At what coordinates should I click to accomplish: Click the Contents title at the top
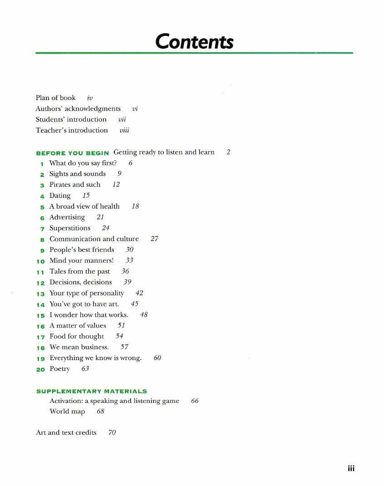coord(194,41)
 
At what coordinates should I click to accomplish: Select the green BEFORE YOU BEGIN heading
coord(72,153)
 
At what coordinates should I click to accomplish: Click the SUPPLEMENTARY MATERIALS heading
coord(91,391)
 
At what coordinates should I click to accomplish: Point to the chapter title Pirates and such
coord(75,185)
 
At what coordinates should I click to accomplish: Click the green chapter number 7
coord(42,228)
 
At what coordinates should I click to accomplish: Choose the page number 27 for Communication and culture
coord(154,239)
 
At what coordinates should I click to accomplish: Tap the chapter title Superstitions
coord(70,228)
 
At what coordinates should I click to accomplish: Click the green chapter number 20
coord(40,369)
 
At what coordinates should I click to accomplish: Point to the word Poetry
coord(59,369)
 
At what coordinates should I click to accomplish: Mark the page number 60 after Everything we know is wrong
coord(158,358)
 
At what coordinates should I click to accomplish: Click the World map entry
coord(67,411)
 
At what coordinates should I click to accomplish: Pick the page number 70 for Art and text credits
coord(112,432)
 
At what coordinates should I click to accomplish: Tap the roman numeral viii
coord(124,130)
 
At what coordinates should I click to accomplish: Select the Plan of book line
coord(56,98)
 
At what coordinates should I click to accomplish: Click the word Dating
coord(60,195)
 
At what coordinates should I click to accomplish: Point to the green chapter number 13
coord(40,293)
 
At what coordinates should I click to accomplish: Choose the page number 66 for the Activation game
coord(195,401)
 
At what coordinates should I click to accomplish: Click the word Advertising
coord(67,217)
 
